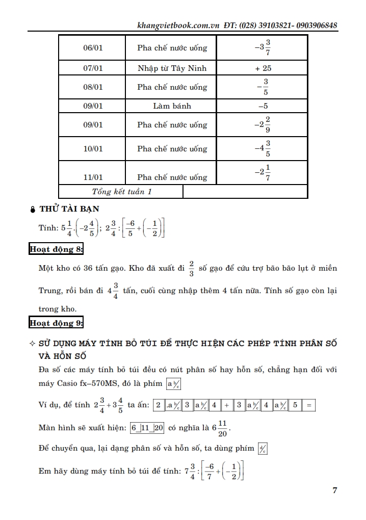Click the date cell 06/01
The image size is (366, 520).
pyautogui.click(x=93, y=48)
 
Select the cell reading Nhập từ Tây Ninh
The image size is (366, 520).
pyautogui.click(x=172, y=68)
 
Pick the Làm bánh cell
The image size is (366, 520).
pyautogui.click(x=172, y=106)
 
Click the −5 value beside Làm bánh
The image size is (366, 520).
pyautogui.click(x=263, y=106)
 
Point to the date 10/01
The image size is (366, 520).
pyautogui.click(x=93, y=149)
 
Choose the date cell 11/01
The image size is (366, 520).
pyautogui.click(x=93, y=177)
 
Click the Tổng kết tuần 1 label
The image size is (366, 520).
pyautogui.click(x=122, y=192)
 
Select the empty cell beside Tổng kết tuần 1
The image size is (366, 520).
pyautogui.click(x=245, y=192)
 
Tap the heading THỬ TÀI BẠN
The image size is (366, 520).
pyautogui.click(x=69, y=209)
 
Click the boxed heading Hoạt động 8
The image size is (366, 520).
pyautogui.click(x=56, y=249)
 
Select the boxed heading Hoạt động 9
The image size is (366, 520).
pyautogui.click(x=56, y=323)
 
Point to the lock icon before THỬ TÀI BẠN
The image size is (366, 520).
pyautogui.click(x=33, y=209)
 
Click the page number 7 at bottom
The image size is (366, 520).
pyautogui.click(x=334, y=491)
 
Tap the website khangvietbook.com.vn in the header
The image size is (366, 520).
pyautogui.click(x=178, y=25)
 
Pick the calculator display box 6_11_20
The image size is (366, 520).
pyautogui.click(x=147, y=428)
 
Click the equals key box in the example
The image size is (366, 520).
pyautogui.click(x=309, y=405)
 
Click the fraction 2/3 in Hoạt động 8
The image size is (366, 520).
pyautogui.click(x=191, y=268)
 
